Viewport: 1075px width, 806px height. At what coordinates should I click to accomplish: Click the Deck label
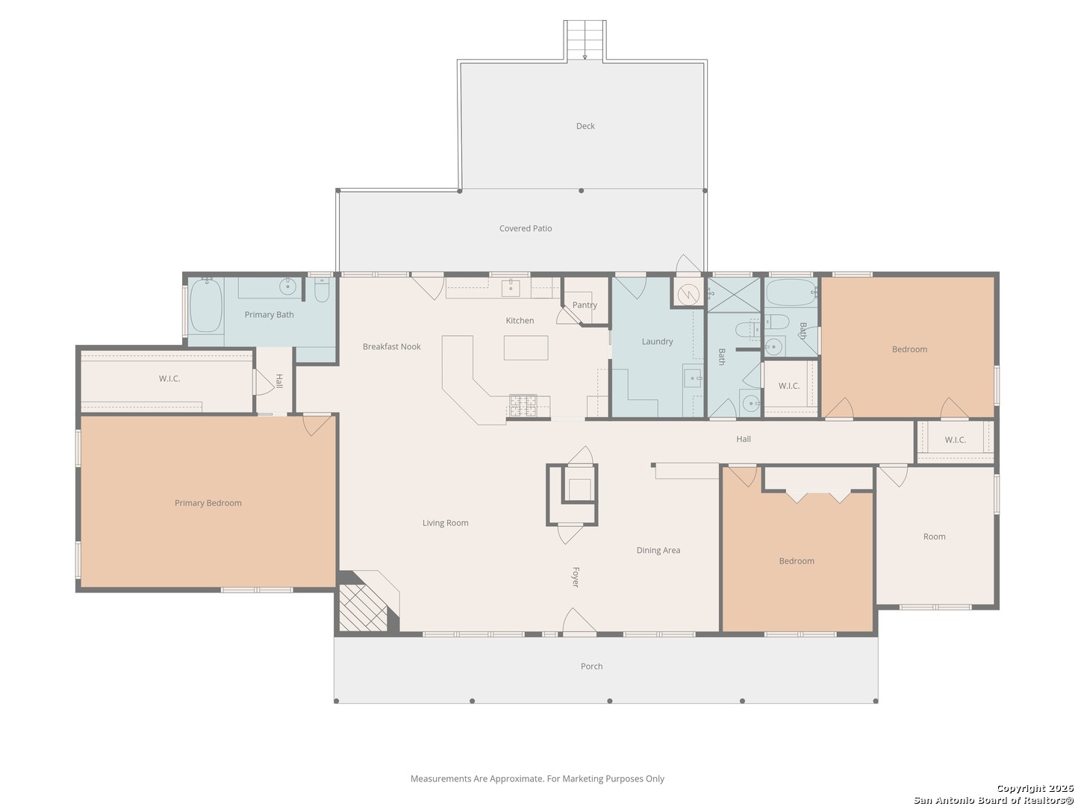pyautogui.click(x=585, y=126)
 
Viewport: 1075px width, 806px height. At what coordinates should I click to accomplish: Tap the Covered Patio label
pyautogui.click(x=526, y=228)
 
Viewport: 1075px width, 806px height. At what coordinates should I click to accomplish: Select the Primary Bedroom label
pyautogui.click(x=208, y=503)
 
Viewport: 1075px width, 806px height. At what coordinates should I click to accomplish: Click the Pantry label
pyautogui.click(x=585, y=305)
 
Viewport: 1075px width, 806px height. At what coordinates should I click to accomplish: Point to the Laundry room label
pyautogui.click(x=657, y=342)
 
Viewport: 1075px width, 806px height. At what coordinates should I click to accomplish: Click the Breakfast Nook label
pyautogui.click(x=392, y=346)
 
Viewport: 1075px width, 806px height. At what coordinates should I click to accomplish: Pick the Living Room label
pyautogui.click(x=445, y=523)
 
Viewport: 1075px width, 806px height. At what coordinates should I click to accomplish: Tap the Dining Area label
pyautogui.click(x=658, y=550)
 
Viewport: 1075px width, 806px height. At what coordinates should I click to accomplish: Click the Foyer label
pyautogui.click(x=576, y=578)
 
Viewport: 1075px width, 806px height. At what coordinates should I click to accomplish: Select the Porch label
pyautogui.click(x=591, y=666)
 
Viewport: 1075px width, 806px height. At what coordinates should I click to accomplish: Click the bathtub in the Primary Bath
pyautogui.click(x=206, y=306)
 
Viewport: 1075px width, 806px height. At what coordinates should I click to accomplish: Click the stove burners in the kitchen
pyautogui.click(x=523, y=406)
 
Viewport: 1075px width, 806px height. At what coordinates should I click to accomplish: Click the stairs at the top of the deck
pyautogui.click(x=585, y=40)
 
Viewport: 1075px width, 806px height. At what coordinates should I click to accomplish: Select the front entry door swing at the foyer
pyautogui.click(x=579, y=622)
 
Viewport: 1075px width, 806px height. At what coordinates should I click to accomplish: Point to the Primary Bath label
pyautogui.click(x=269, y=315)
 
